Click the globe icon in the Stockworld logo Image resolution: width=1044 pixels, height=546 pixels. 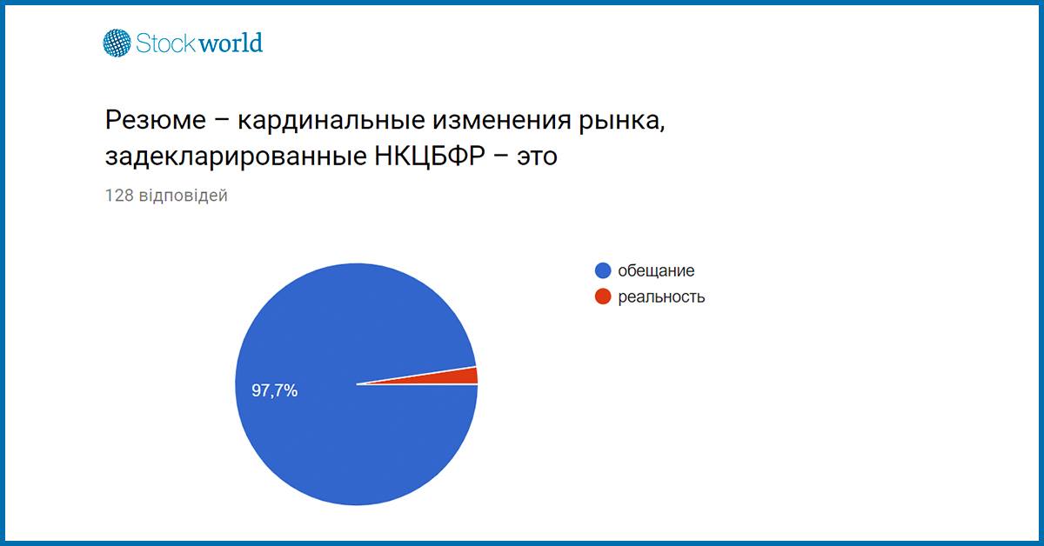click(117, 43)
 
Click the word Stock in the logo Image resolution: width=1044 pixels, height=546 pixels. click(166, 43)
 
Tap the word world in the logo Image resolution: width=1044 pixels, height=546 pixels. click(231, 43)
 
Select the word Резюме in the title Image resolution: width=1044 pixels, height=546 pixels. click(155, 120)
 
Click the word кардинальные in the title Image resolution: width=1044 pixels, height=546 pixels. click(331, 120)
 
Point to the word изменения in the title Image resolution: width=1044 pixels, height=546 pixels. click(501, 120)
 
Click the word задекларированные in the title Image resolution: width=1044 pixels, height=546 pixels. click(237, 156)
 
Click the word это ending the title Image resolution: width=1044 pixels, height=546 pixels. click(537, 157)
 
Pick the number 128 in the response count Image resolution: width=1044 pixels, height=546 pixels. click(119, 196)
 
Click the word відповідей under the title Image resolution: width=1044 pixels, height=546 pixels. click(184, 196)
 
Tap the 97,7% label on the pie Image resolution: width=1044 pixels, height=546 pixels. click(275, 390)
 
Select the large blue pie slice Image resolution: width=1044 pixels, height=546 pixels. click(326, 419)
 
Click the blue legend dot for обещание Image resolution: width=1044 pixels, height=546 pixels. click(603, 270)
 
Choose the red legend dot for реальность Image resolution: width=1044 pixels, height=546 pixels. click(603, 296)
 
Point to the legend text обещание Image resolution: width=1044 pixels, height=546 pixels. click(656, 270)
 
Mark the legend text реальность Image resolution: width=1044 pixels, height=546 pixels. click(661, 297)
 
